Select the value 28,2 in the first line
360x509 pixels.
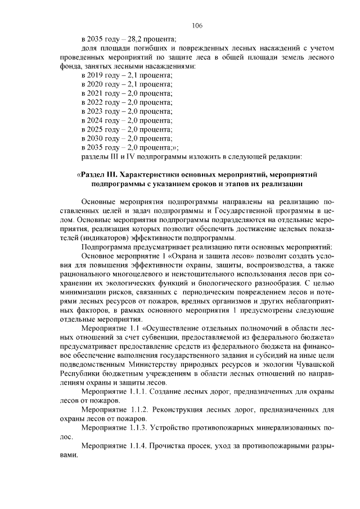pos(138,39)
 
